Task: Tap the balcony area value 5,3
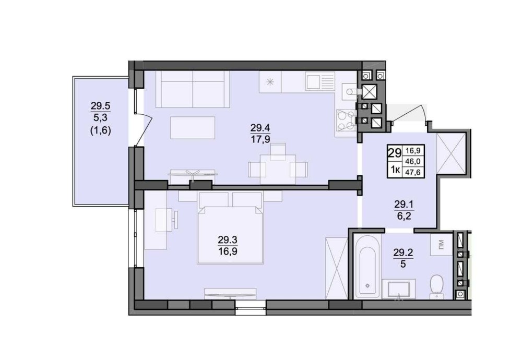[101, 117]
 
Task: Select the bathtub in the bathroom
[367, 267]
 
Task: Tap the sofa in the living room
[193, 89]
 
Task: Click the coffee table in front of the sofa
[193, 128]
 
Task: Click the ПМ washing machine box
[441, 245]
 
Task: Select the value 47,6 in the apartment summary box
[413, 172]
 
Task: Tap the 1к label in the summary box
[395, 171]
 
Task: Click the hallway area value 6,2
[404, 217]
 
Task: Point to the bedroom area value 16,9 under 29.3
[228, 251]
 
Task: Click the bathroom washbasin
[398, 289]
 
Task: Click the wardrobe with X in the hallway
[451, 153]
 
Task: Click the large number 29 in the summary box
[395, 153]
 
